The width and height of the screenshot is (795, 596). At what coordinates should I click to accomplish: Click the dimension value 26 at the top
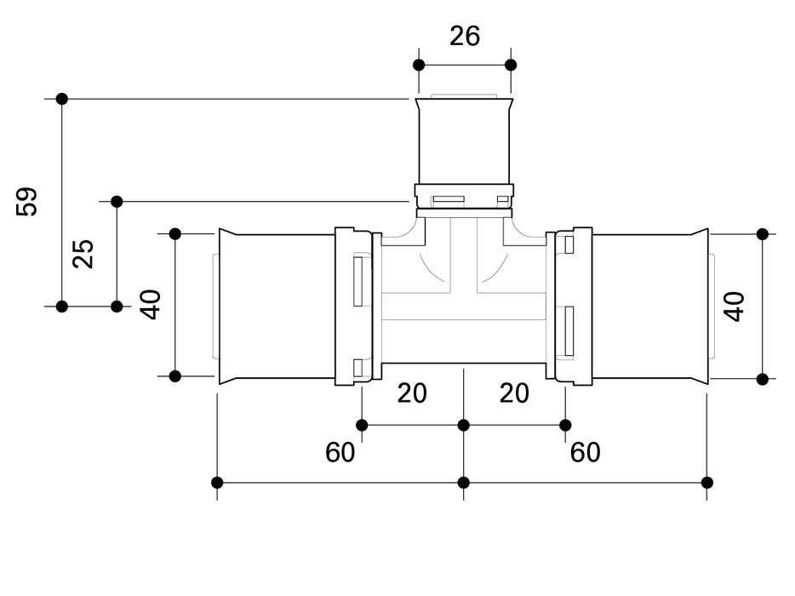(465, 36)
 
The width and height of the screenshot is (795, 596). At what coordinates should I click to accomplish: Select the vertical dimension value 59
(28, 202)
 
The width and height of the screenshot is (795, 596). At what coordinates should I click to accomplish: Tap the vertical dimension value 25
(83, 254)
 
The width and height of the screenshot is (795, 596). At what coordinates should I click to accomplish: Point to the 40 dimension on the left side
(152, 304)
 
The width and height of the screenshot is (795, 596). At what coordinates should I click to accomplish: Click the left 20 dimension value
(412, 393)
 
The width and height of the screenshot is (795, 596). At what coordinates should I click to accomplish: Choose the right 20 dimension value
(514, 393)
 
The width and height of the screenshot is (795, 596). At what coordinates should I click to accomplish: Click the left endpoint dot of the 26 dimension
(418, 65)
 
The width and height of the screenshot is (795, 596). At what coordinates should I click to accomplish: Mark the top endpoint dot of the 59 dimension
(62, 99)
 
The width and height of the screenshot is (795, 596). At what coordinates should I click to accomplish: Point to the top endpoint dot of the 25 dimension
(117, 202)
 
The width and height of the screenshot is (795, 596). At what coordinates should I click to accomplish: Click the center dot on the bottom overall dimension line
(464, 483)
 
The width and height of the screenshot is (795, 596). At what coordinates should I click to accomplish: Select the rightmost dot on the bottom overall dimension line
(706, 483)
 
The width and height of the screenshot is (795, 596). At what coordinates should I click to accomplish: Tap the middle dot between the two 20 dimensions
(464, 425)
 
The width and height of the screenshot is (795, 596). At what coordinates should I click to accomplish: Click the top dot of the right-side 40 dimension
(763, 234)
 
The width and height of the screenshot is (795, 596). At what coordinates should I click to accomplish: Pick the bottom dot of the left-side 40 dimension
(175, 375)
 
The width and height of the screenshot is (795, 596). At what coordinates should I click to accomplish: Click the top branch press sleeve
(464, 140)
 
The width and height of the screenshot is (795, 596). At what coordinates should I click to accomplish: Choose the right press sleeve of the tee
(650, 307)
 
